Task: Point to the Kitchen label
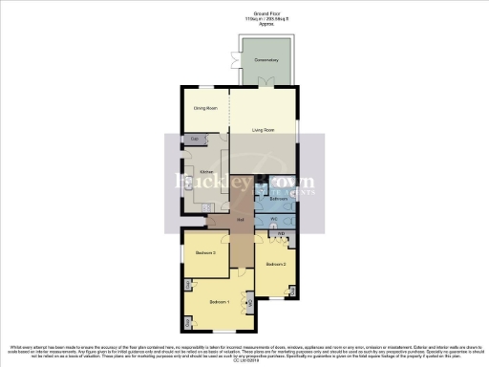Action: pyautogui.click(x=204, y=172)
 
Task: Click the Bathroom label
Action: pyautogui.click(x=278, y=200)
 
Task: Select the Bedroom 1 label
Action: pyautogui.click(x=219, y=302)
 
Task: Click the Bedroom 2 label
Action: pyautogui.click(x=276, y=263)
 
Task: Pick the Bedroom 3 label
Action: pyautogui.click(x=205, y=253)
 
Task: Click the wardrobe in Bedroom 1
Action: pyautogui.click(x=250, y=305)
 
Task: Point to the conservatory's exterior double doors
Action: pyautogui.click(x=229, y=59)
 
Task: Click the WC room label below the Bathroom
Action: pyautogui.click(x=274, y=220)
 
